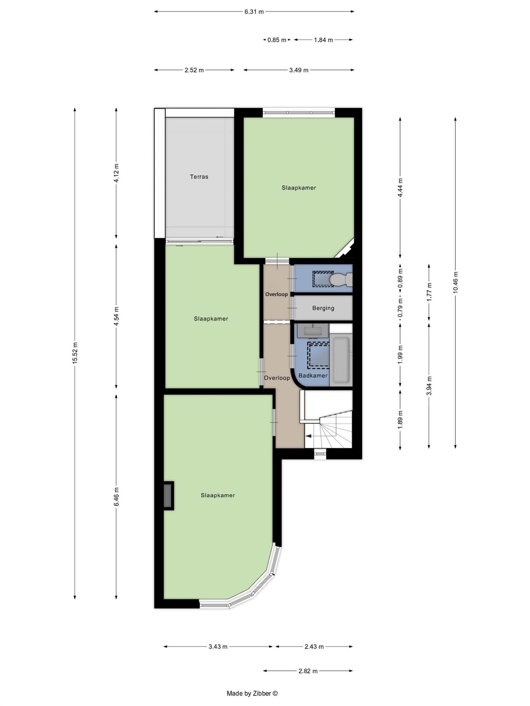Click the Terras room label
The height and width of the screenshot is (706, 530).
pyautogui.click(x=199, y=177)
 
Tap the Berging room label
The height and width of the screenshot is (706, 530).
pyautogui.click(x=323, y=308)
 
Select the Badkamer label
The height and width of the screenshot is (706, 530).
pyautogui.click(x=313, y=376)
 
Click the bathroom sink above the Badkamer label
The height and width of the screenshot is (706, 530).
pyautogui.click(x=313, y=331)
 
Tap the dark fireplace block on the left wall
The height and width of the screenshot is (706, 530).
pyautogui.click(x=169, y=495)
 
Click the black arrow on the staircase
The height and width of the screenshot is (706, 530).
pyautogui.click(x=308, y=436)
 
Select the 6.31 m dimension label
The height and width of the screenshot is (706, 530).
pyautogui.click(x=254, y=12)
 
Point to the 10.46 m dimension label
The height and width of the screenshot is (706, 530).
pyautogui.click(x=455, y=282)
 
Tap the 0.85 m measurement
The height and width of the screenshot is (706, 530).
pyautogui.click(x=277, y=40)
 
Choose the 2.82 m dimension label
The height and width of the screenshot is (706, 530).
pyautogui.click(x=308, y=671)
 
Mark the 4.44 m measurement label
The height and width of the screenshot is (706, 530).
pyautogui.click(x=400, y=188)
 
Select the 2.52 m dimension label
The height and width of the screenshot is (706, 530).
pyautogui.click(x=194, y=70)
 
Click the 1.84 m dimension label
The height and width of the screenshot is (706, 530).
pyautogui.click(x=323, y=40)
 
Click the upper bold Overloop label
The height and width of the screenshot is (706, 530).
pyautogui.click(x=276, y=294)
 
